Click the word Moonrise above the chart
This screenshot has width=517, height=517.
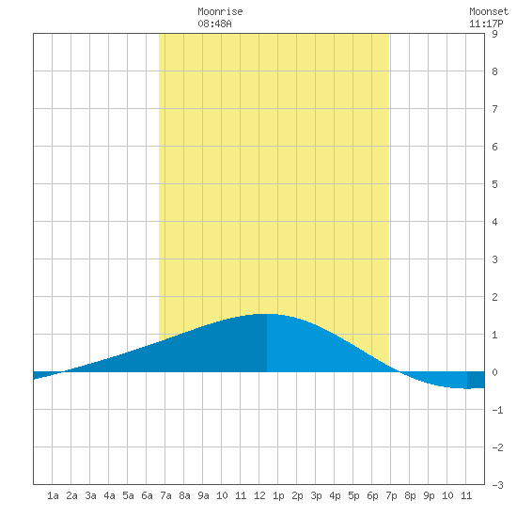[x=220, y=11]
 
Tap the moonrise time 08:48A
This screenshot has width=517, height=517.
[x=214, y=23]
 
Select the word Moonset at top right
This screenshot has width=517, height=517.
[x=489, y=11]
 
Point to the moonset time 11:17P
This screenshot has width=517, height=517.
[x=486, y=23]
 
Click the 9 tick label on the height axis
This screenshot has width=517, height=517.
[x=494, y=34]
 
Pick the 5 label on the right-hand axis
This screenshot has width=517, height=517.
[x=494, y=184]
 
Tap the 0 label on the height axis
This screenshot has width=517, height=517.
[x=494, y=372]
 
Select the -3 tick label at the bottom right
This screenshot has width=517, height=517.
[x=497, y=485]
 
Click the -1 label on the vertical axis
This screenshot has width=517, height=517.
[x=497, y=410]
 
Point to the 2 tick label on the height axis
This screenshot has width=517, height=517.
[x=494, y=297]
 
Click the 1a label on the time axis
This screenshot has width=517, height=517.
[x=53, y=495]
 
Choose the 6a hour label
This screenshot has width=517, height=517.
[x=147, y=495]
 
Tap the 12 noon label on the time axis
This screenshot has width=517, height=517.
[x=259, y=495]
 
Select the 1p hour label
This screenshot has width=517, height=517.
[x=278, y=495]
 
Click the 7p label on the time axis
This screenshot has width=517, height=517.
[x=391, y=495]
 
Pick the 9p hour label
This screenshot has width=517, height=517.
[x=429, y=495]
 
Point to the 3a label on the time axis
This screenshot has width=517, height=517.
[x=90, y=495]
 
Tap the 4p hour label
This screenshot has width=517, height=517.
[x=335, y=495]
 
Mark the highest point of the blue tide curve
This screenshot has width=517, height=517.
[x=267, y=314]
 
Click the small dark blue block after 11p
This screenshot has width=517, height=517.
[x=476, y=380]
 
